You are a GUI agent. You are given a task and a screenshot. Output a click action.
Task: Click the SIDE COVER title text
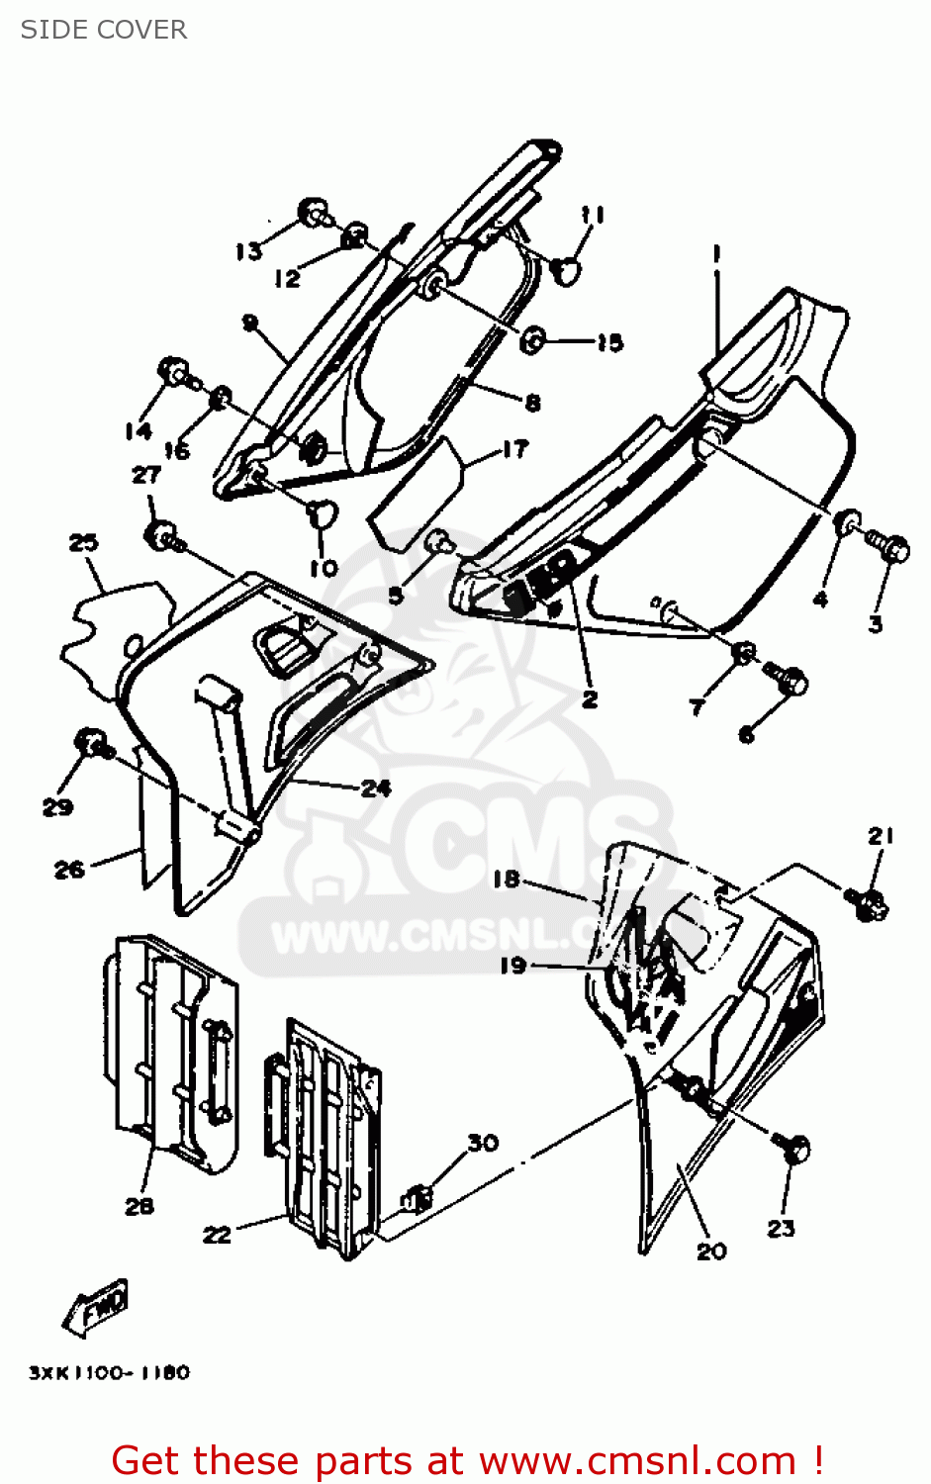[104, 30]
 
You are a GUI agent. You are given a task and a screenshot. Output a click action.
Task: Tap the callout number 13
[248, 251]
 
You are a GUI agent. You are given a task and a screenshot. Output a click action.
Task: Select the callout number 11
[593, 215]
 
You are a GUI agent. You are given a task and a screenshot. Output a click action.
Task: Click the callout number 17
[515, 449]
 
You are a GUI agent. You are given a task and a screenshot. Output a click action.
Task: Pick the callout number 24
[376, 788]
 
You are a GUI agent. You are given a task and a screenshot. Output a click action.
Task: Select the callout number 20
[711, 1252]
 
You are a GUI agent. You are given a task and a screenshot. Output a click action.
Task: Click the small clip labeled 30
[417, 1199]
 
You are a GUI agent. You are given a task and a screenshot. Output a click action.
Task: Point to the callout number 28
[140, 1206]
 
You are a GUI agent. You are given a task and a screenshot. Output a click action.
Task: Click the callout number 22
[217, 1234]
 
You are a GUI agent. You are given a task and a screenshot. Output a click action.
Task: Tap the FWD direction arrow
[97, 1308]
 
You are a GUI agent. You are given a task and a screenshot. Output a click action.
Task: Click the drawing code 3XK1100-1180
[109, 1373]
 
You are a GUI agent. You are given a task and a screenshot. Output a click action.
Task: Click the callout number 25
[83, 542]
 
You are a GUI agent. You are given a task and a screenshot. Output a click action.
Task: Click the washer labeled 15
[533, 340]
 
